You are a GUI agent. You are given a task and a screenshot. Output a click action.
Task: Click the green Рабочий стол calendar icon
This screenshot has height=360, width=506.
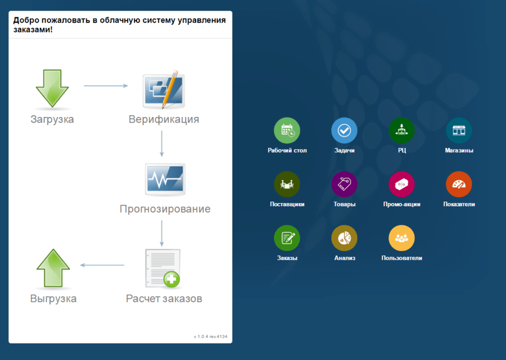tap(287, 130)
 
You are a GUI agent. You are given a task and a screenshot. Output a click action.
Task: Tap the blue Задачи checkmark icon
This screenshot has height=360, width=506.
tap(344, 130)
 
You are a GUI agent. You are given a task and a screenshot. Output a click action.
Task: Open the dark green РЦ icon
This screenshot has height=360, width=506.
tap(401, 130)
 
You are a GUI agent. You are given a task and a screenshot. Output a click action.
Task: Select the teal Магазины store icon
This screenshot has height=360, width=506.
tap(459, 130)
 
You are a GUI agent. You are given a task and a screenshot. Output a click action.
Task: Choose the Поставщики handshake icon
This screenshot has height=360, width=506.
tap(287, 184)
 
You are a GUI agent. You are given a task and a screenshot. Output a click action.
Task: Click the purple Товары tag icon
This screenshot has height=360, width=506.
tap(344, 184)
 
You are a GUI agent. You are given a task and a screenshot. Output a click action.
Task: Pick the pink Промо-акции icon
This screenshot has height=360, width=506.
tap(401, 184)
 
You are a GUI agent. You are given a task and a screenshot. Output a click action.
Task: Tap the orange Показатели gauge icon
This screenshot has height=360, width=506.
tap(459, 184)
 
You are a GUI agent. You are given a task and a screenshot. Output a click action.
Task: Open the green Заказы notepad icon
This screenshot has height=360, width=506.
tap(287, 238)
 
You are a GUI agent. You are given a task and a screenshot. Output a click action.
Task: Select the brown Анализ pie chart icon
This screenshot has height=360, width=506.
tap(344, 238)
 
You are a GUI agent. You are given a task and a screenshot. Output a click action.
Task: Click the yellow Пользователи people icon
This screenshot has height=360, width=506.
tap(401, 238)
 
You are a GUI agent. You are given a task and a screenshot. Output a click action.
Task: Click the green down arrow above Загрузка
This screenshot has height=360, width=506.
tap(52, 88)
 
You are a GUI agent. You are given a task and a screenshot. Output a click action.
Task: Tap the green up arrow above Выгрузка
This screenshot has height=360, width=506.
tap(53, 268)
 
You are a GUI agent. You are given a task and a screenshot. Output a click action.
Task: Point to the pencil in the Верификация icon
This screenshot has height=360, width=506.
tap(170, 89)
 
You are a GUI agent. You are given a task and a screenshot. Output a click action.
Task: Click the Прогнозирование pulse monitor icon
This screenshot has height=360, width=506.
tap(165, 179)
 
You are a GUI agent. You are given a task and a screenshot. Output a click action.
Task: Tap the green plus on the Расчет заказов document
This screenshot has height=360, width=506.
tap(171, 279)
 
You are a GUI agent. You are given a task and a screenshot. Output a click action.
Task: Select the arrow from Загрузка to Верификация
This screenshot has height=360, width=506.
tap(106, 86)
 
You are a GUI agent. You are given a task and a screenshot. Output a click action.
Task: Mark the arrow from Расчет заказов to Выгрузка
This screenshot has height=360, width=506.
tap(102, 265)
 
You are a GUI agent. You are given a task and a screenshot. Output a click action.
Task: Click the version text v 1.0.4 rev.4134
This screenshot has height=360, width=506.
tap(210, 336)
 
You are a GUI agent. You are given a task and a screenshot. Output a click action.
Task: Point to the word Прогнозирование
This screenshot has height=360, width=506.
tap(165, 209)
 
